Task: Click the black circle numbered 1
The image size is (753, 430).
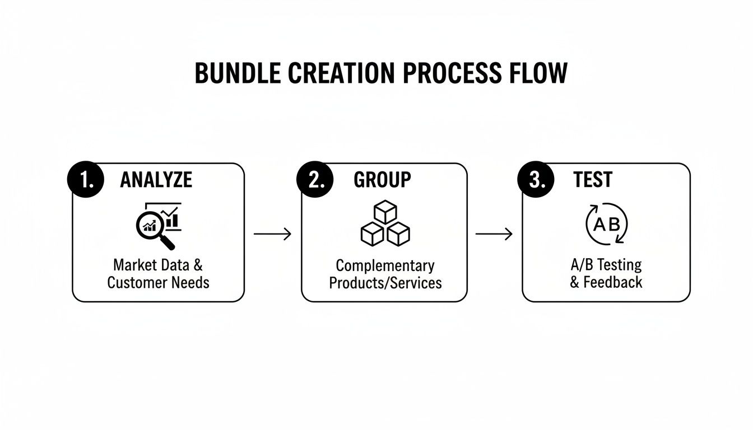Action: coord(85,180)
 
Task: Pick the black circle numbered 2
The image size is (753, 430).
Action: coord(314,180)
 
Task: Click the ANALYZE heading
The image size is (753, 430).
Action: coord(156,180)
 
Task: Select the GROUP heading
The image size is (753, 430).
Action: coord(382,180)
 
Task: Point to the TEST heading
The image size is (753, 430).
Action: coord(593,180)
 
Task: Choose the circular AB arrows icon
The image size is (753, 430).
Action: coord(607,225)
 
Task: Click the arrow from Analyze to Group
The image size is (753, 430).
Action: coord(273,234)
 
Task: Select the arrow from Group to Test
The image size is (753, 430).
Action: coord(494,234)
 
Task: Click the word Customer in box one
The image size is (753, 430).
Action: coord(135,282)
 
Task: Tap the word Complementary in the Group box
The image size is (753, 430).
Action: coord(385,265)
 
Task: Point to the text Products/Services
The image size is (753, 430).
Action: coord(385,283)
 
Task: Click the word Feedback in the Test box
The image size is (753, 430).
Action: coord(613,282)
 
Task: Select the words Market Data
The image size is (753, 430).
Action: coord(151,265)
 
